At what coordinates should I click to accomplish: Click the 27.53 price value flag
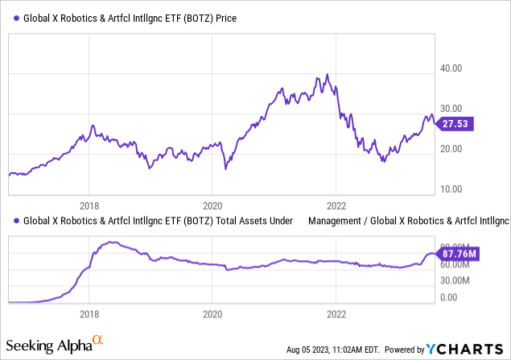(460, 123)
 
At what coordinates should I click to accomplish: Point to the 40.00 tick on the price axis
(452, 69)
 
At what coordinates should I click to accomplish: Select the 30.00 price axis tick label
(452, 109)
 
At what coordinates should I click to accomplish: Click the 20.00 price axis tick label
(452, 149)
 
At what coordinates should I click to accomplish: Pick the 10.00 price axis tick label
(452, 189)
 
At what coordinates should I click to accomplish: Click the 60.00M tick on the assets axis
(457, 264)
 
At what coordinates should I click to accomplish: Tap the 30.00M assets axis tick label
(457, 281)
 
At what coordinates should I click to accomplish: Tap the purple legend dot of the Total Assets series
(16, 220)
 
